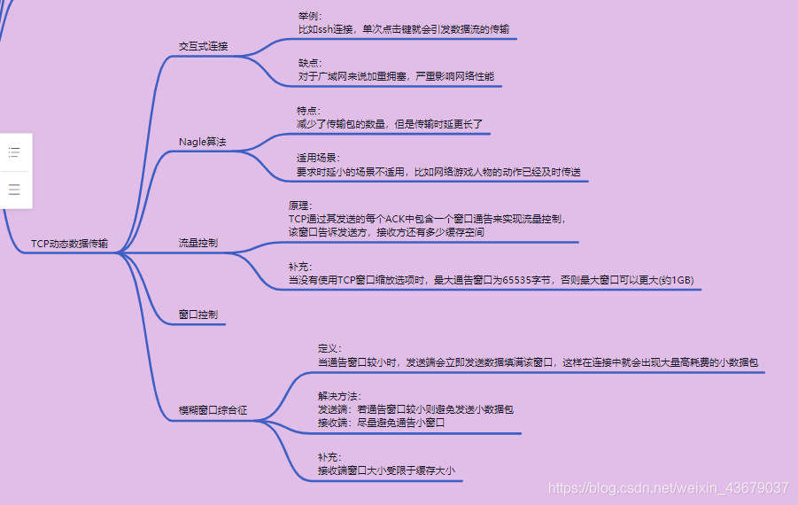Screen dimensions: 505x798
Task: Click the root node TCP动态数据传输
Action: pyautogui.click(x=69, y=243)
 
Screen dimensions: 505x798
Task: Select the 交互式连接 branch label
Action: pyautogui.click(x=203, y=46)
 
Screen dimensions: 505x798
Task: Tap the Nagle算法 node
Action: pyautogui.click(x=202, y=142)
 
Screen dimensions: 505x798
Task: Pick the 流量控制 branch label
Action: pyautogui.click(x=198, y=242)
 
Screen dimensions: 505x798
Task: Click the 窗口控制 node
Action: pyautogui.click(x=198, y=315)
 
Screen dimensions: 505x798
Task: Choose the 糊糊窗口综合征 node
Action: pyautogui.click(x=213, y=411)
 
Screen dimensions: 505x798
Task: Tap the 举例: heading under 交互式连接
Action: pyautogui.click(x=310, y=16)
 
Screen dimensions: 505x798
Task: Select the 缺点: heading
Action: pyautogui.click(x=310, y=63)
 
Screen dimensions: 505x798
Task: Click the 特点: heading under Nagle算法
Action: pyautogui.click(x=308, y=111)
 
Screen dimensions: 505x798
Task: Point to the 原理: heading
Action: pyautogui.click(x=300, y=205)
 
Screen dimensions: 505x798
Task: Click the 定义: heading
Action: pyautogui.click(x=329, y=348)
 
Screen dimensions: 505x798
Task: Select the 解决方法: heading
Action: pyautogui.click(x=339, y=396)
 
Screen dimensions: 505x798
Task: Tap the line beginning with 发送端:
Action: pyautogui.click(x=414, y=409)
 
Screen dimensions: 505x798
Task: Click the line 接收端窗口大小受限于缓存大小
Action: pyautogui.click(x=386, y=470)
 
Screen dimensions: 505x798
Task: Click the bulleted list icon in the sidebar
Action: pyautogui.click(x=14, y=152)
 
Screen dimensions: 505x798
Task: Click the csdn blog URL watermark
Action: pyautogui.click(x=668, y=488)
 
